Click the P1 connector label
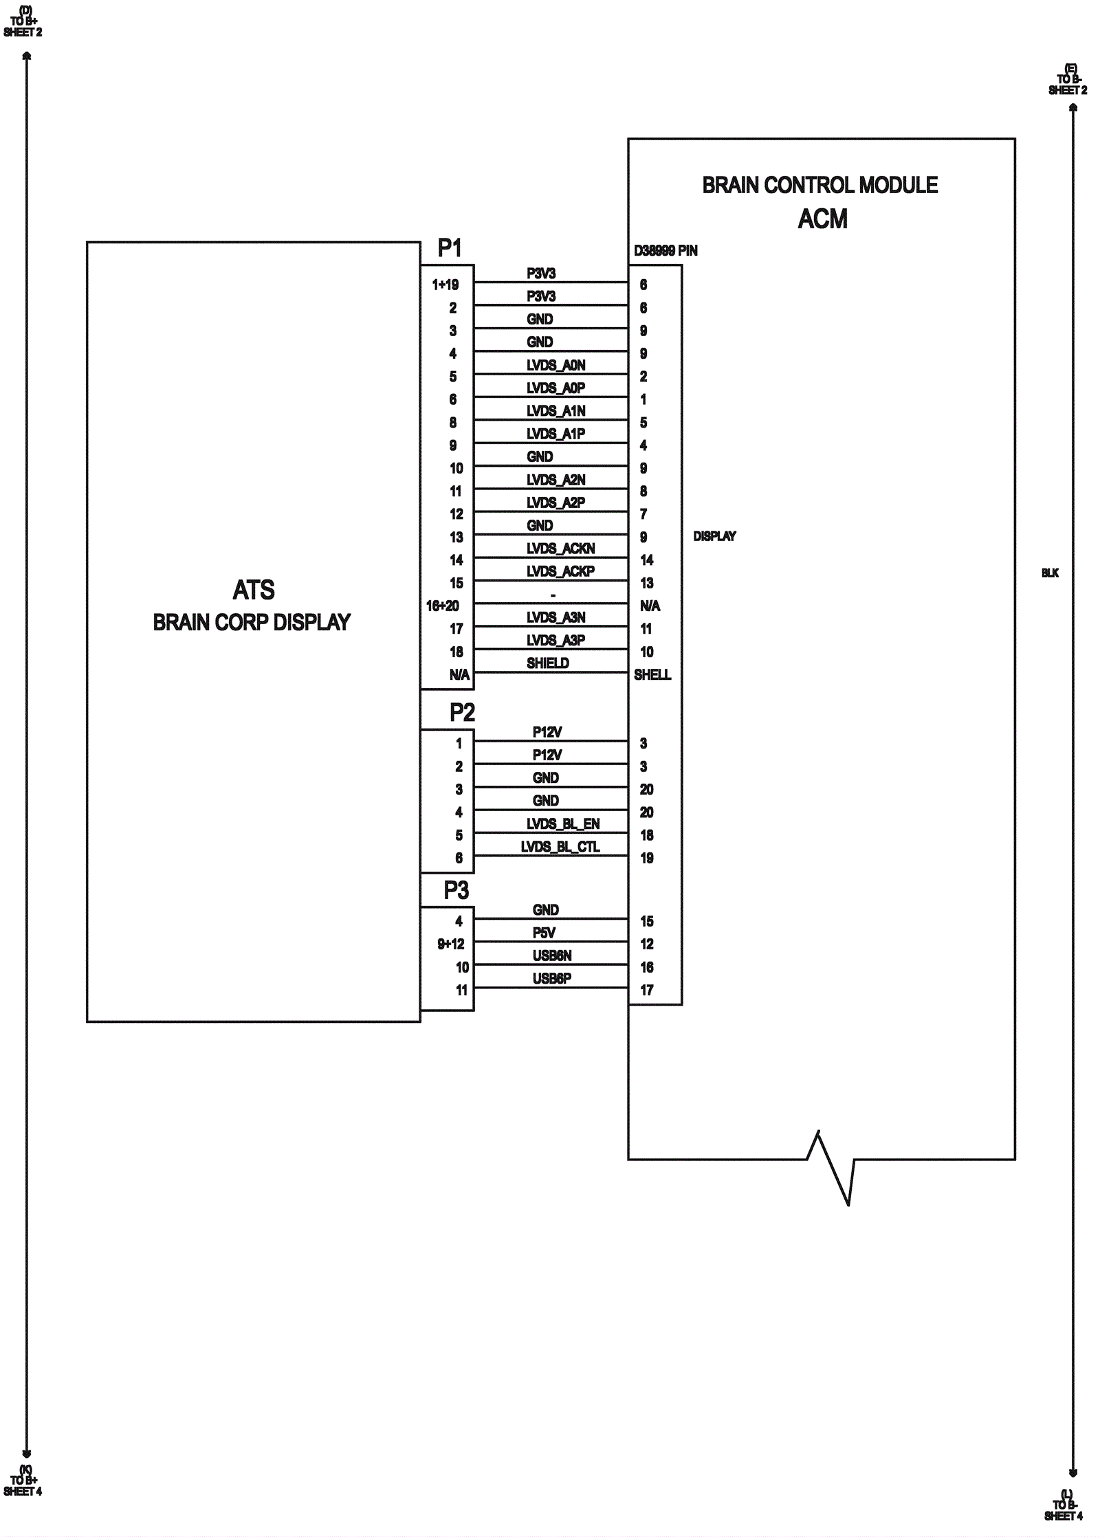(450, 248)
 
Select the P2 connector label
(462, 713)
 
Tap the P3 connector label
(456, 890)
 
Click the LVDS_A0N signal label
(555, 365)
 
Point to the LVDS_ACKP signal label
(560, 571)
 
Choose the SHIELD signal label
(547, 663)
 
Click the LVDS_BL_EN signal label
(563, 823)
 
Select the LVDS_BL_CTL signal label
(560, 847)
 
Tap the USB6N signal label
(552, 955)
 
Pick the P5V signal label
(544, 933)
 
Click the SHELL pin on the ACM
(652, 675)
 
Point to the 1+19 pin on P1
(445, 285)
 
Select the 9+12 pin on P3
(450, 944)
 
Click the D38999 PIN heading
(665, 251)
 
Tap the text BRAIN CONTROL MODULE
(819, 185)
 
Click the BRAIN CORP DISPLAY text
(252, 622)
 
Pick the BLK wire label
(1050, 573)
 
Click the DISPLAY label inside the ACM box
(714, 536)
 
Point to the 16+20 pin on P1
(442, 606)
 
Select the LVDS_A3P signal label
(555, 640)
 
